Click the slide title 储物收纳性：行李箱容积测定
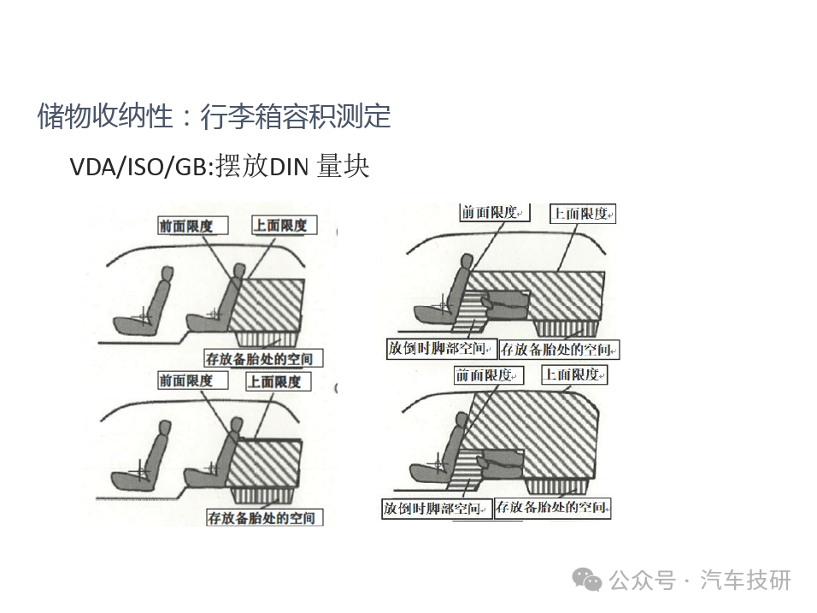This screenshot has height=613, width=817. coord(215,115)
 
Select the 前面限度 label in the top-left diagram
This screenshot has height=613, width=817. coord(193,226)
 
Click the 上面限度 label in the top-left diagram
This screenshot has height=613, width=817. coord(284,225)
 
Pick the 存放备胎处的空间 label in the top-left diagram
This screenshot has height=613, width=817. coord(263,358)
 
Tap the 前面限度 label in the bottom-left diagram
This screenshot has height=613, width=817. coord(193,380)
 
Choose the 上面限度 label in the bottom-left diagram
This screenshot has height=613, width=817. coord(279,381)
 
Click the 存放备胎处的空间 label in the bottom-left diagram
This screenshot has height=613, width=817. coord(265,517)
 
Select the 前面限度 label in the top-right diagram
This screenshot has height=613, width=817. coord(495,212)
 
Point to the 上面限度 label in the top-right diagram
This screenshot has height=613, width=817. coord(583,214)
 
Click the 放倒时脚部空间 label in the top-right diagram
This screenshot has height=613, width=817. coord(440,348)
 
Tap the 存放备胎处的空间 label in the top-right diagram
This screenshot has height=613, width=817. coord(559,349)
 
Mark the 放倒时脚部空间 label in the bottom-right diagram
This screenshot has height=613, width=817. coord(437,508)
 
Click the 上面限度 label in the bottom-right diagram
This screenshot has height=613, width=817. coord(574,374)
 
